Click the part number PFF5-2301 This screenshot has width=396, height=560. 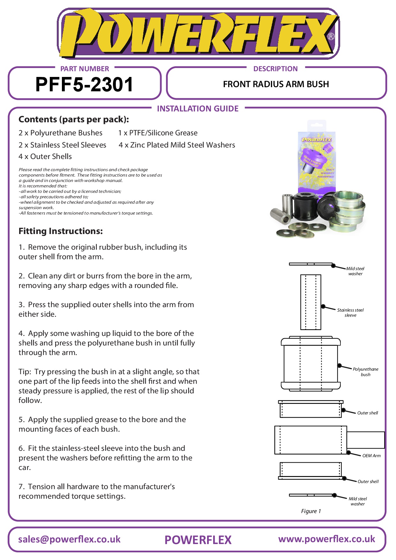click(84, 85)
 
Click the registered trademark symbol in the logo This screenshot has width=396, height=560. click(331, 36)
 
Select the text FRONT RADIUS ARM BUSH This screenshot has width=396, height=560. click(276, 84)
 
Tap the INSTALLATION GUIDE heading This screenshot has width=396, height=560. click(198, 109)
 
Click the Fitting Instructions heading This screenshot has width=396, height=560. click(61, 231)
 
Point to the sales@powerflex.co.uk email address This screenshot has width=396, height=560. click(69, 539)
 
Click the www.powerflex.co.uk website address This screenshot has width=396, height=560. click(326, 539)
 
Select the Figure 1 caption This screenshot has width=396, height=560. click(311, 511)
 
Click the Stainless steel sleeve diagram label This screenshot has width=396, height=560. click(350, 313)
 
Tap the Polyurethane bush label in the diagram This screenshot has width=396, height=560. click(365, 372)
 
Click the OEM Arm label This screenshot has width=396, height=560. click(371, 456)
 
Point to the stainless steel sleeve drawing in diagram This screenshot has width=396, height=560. click(310, 302)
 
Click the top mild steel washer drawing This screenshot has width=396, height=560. click(310, 264)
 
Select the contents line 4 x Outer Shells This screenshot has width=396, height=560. click(45, 156)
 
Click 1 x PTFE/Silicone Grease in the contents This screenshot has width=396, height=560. click(158, 133)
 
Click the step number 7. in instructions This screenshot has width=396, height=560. click(21, 487)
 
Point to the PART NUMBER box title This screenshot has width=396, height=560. click(85, 69)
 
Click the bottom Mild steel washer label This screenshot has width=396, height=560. click(358, 501)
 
